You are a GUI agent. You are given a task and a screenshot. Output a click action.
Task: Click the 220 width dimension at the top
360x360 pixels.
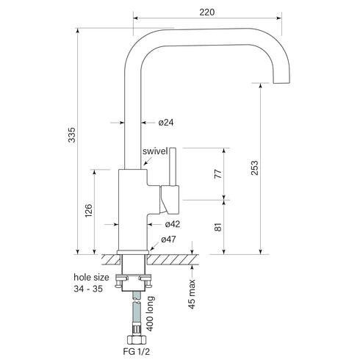[208, 12]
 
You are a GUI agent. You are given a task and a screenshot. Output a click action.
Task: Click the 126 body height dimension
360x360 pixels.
[88, 212]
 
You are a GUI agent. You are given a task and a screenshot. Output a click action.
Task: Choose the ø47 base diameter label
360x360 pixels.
[168, 240]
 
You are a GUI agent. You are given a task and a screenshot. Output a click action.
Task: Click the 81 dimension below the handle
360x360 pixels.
[218, 227]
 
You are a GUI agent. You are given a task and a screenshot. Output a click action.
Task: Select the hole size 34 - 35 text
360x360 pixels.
[92, 284]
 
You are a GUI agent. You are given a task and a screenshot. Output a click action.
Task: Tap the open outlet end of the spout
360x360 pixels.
[282, 82]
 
